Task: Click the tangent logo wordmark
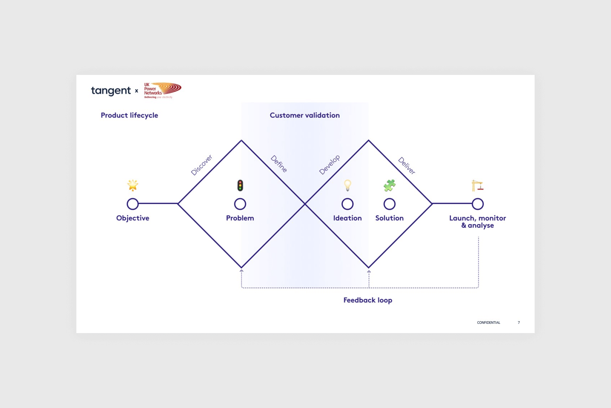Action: point(111,91)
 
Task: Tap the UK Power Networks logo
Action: point(163,91)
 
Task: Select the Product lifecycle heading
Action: point(129,115)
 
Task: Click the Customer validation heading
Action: point(305,115)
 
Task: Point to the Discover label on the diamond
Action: point(201,165)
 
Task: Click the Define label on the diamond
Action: point(279,164)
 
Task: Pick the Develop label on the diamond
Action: point(329,165)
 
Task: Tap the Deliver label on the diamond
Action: point(407,165)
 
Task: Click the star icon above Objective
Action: point(133,185)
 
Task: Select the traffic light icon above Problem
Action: point(240,185)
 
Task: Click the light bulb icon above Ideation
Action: point(348,185)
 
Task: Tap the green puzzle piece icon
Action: point(390,185)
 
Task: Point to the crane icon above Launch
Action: point(477,185)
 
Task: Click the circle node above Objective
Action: point(133,204)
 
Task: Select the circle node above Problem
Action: point(240,204)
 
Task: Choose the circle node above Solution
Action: point(390,204)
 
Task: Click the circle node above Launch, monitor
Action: point(478,204)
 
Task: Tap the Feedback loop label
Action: point(368,300)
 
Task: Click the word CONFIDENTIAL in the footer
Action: point(488,323)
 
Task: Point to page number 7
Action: point(519,323)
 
